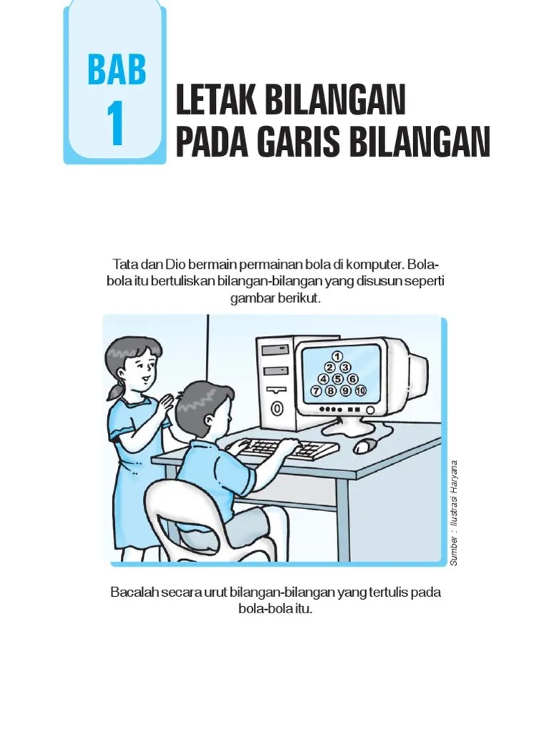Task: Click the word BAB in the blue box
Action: click(x=117, y=69)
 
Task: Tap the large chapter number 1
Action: click(x=116, y=124)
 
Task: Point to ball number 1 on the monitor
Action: click(x=337, y=355)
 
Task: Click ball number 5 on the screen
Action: click(x=337, y=379)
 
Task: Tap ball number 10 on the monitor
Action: click(x=360, y=391)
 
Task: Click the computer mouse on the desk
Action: click(x=365, y=447)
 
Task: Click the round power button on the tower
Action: click(x=277, y=409)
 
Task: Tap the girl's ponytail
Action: click(x=115, y=391)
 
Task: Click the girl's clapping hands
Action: click(x=165, y=401)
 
